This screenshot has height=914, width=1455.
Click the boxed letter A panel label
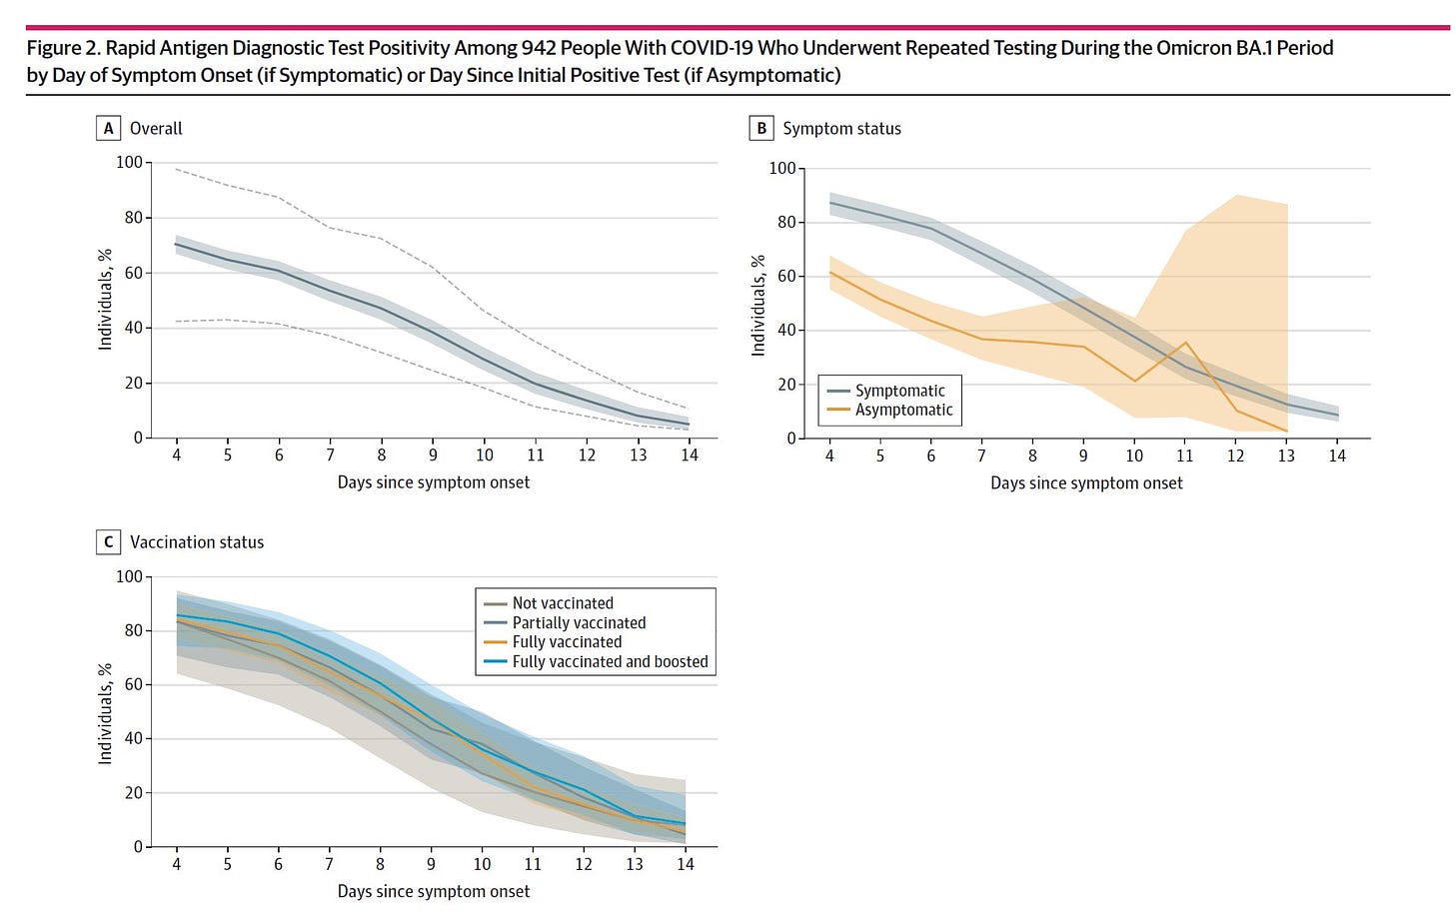point(108,128)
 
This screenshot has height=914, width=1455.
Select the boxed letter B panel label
point(761,128)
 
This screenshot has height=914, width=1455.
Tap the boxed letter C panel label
point(108,542)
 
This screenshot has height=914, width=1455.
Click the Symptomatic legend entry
point(899,391)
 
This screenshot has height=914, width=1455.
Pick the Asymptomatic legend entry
point(903,410)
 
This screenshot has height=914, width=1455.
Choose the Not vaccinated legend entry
point(563,603)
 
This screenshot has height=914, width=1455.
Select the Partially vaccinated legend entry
point(579,622)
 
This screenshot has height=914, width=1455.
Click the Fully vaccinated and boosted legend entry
point(610,661)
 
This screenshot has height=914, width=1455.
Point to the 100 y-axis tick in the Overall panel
point(129,162)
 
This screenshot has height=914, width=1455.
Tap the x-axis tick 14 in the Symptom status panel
point(1337,457)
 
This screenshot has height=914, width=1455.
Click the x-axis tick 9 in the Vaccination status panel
point(432,865)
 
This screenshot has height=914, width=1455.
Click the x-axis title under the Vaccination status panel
point(434,891)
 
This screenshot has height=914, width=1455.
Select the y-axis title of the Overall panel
point(105,300)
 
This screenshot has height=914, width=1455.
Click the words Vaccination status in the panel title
point(197,542)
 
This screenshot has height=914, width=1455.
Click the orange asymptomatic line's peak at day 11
point(1185,343)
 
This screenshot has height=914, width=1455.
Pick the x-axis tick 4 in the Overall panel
point(177,456)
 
